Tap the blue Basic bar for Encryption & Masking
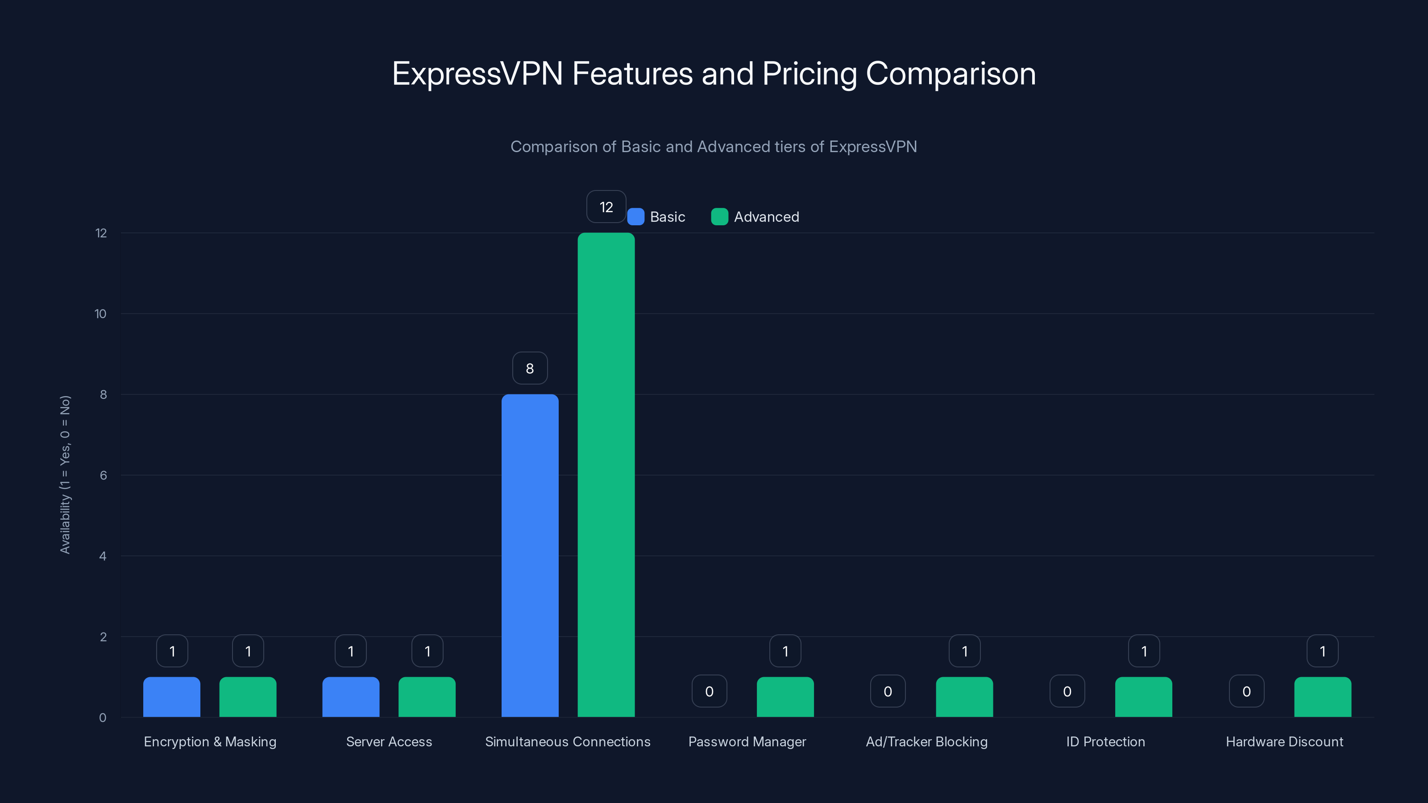172,697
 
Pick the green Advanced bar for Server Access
427,697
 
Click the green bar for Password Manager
785,697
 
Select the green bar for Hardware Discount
1323,697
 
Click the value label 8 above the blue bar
530,368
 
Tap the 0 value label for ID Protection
1067,691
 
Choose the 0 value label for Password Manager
709,691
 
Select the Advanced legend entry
756,217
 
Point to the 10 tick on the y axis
100,314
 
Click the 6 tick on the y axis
103,476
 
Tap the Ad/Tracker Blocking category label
926,741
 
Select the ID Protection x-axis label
1105,741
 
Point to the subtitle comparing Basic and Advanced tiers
714,147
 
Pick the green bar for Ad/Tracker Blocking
964,697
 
